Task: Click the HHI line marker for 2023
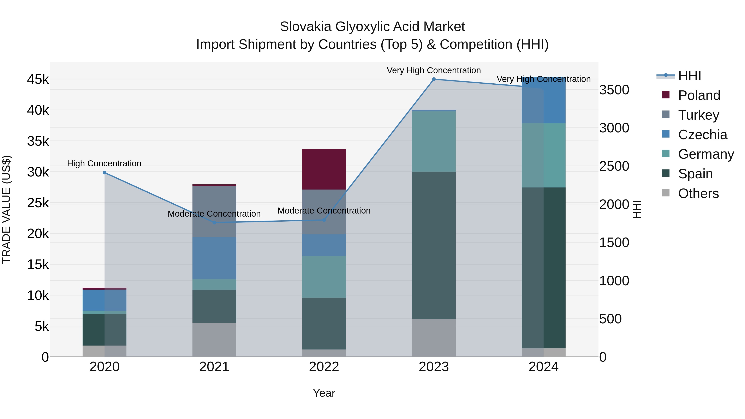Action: click(434, 79)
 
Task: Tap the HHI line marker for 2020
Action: click(105, 173)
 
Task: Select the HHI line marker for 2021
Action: click(214, 222)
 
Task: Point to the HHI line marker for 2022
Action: click(324, 220)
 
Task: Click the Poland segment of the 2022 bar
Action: click(324, 169)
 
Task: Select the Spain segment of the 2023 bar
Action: click(434, 245)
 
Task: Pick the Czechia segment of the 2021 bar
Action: click(214, 258)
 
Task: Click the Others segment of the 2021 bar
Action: click(214, 340)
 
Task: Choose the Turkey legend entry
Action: click(698, 115)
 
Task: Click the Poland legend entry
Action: click(699, 95)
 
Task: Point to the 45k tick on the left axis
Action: click(38, 79)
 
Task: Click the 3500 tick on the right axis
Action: click(614, 90)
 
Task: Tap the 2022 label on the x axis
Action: click(324, 367)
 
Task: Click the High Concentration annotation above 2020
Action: click(104, 164)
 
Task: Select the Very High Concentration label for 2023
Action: click(434, 71)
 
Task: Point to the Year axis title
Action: click(324, 393)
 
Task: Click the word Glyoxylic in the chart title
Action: click(377, 27)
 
